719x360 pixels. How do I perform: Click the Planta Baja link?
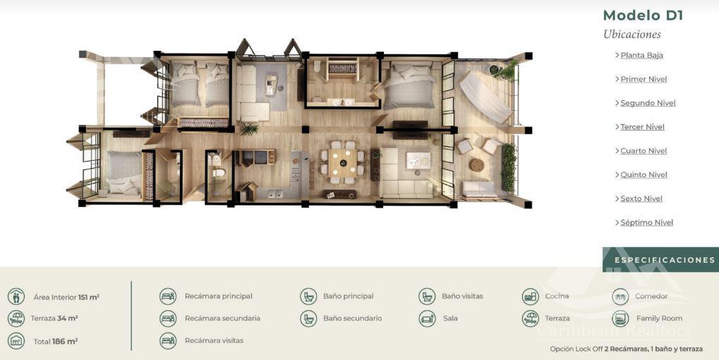(641, 56)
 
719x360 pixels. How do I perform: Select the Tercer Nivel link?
(642, 127)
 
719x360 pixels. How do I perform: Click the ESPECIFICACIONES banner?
(660, 260)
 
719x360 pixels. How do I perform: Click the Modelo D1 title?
(643, 16)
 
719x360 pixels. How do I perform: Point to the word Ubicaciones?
(632, 35)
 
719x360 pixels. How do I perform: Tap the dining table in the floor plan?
(342, 163)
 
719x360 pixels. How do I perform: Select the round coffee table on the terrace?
(476, 165)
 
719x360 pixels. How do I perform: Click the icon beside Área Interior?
(16, 296)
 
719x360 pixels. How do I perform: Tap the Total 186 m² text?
(56, 341)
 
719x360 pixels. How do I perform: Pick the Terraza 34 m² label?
(54, 318)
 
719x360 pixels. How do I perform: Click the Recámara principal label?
(218, 296)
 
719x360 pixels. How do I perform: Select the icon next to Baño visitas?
(427, 296)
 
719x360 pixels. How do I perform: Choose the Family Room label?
(659, 318)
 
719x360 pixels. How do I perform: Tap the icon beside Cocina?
(531, 296)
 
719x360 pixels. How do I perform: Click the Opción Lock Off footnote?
(626, 349)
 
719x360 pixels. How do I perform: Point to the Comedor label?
(651, 296)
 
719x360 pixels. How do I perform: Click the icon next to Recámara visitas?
(168, 341)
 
